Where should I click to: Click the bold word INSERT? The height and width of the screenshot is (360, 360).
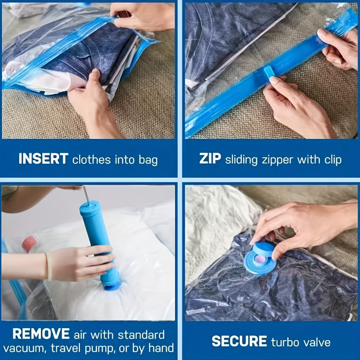pyautogui.click(x=43, y=159)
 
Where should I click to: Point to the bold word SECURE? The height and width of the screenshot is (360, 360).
pyautogui.click(x=239, y=341)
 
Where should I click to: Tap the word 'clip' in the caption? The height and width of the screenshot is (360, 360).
pyautogui.click(x=333, y=159)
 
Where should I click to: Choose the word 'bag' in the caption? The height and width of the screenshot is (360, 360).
pyautogui.click(x=148, y=160)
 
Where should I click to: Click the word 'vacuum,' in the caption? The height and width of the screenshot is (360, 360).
pyautogui.click(x=25, y=348)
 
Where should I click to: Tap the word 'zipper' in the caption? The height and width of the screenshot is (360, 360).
pyautogui.click(x=278, y=160)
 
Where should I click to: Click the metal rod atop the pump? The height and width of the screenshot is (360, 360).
pyautogui.click(x=86, y=195)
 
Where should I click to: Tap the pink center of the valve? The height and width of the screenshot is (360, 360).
pyautogui.click(x=260, y=260)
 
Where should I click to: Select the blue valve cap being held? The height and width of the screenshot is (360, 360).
pyautogui.click(x=263, y=249)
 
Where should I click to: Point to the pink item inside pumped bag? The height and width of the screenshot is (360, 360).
pyautogui.click(x=29, y=243)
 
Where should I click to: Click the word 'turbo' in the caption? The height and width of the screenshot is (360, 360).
pyautogui.click(x=285, y=342)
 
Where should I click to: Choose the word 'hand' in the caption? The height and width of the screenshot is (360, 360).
pyautogui.click(x=161, y=348)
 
